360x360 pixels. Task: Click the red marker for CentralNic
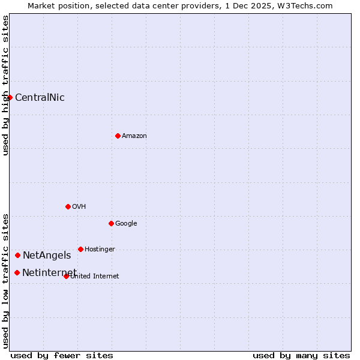pyautogui.click(x=10, y=97)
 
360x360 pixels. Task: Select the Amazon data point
pyautogui.click(x=118, y=136)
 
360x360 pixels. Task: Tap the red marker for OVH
pyautogui.click(x=68, y=206)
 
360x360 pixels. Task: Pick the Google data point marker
pyautogui.click(x=111, y=223)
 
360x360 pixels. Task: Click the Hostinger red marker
pyautogui.click(x=80, y=249)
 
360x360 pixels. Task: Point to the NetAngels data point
pyautogui.click(x=17, y=255)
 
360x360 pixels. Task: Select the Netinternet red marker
pyautogui.click(x=17, y=272)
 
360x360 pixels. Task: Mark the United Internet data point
pyautogui.click(x=66, y=276)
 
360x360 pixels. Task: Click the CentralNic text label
pyautogui.click(x=40, y=97)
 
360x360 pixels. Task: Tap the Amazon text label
pyautogui.click(x=134, y=136)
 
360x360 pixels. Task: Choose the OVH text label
pyautogui.click(x=79, y=206)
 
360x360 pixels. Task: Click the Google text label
pyautogui.click(x=126, y=223)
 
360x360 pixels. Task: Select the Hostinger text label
pyautogui.click(x=100, y=249)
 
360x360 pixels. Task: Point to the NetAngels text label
pyautogui.click(x=47, y=255)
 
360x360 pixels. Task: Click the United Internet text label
pyautogui.click(x=95, y=276)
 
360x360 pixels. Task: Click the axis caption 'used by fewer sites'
pyautogui.click(x=62, y=355)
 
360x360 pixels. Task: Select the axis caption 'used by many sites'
pyautogui.click(x=301, y=355)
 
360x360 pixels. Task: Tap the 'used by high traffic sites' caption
pyautogui.click(x=5, y=85)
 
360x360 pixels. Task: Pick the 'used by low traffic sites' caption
pyautogui.click(x=5, y=280)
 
